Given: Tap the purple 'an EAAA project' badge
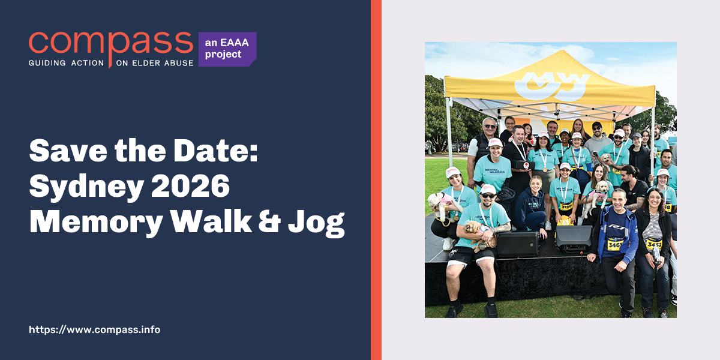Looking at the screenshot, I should pyautogui.click(x=227, y=49).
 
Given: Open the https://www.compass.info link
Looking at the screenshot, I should pyautogui.click(x=94, y=329).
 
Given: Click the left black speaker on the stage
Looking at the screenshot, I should pyautogui.click(x=517, y=243).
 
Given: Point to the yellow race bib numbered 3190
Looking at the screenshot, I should pyautogui.click(x=565, y=206).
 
